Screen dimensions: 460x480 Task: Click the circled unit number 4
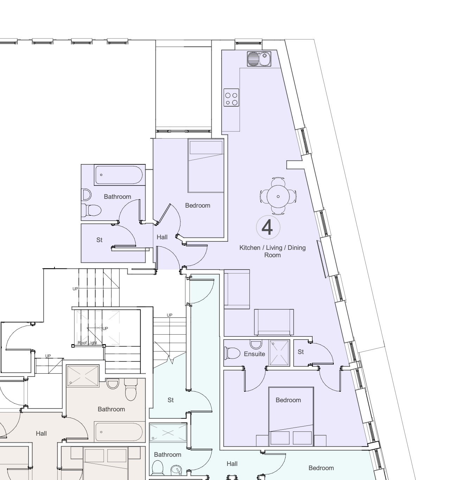(x=268, y=227)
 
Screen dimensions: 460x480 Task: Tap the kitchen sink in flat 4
(x=259, y=59)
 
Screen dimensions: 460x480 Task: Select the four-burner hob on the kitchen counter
(x=231, y=97)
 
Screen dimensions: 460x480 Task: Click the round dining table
(x=278, y=196)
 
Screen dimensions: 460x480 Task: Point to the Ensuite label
(x=254, y=354)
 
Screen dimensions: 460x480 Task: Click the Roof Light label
(x=87, y=343)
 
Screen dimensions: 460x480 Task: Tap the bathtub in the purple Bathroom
(x=119, y=175)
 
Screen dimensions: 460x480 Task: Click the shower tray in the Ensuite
(x=279, y=353)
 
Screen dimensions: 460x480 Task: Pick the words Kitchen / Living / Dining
(x=273, y=248)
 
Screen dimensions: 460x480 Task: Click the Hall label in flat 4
(x=162, y=237)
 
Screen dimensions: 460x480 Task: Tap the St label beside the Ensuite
(x=300, y=352)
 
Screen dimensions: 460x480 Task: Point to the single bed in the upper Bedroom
(x=206, y=165)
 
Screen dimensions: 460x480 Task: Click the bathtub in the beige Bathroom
(x=119, y=432)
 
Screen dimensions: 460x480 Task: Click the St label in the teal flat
(x=171, y=400)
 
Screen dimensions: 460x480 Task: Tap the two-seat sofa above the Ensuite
(x=274, y=322)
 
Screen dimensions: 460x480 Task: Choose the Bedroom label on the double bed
(x=288, y=400)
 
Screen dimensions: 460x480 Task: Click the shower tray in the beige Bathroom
(x=83, y=376)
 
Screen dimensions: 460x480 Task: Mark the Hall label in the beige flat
(x=41, y=434)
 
